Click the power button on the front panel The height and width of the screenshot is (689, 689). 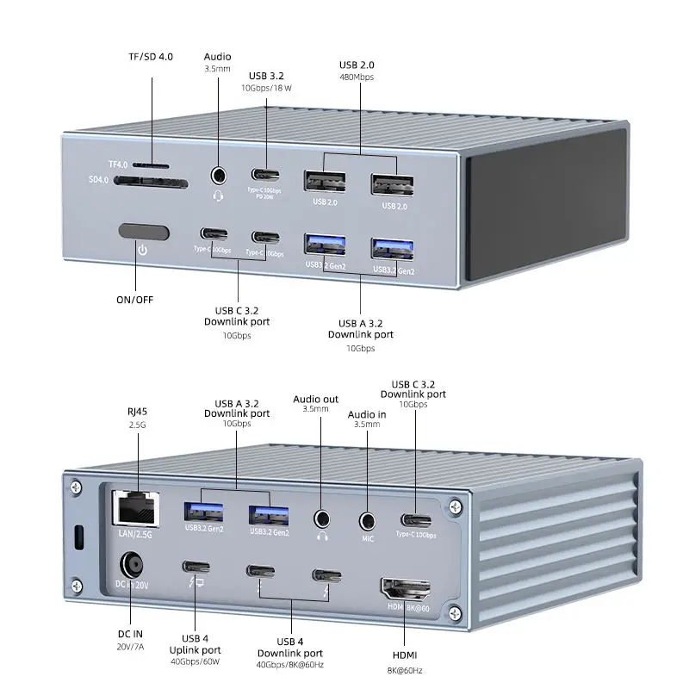pyautogui.click(x=142, y=233)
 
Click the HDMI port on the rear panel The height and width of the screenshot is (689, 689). pyautogui.click(x=406, y=590)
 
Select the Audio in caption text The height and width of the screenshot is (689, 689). pyautogui.click(x=367, y=415)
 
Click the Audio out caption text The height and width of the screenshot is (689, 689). pyautogui.click(x=315, y=400)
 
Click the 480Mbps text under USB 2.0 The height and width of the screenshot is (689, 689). pyautogui.click(x=357, y=76)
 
